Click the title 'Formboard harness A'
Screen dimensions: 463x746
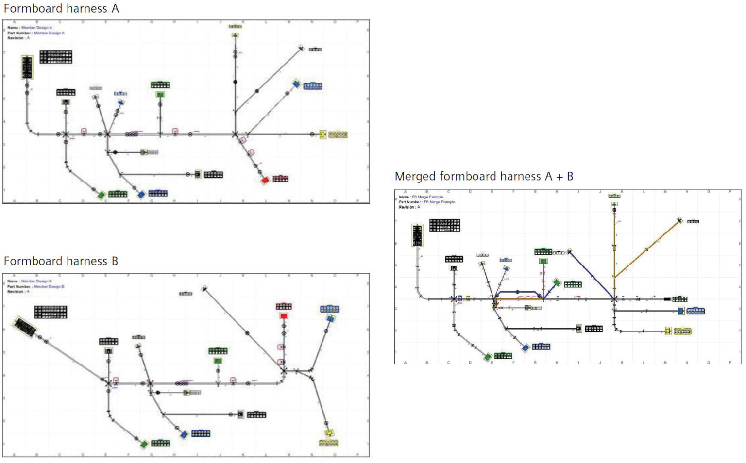pyautogui.click(x=61, y=9)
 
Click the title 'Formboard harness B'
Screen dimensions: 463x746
pyautogui.click(x=61, y=261)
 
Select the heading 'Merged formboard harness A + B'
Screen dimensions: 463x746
pyautogui.click(x=484, y=176)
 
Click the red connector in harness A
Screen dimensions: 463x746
pyautogui.click(x=265, y=180)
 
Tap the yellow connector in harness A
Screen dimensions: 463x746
pyautogui.click(x=322, y=134)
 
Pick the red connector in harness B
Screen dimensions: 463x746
pyautogui.click(x=284, y=316)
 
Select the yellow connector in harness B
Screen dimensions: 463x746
pyautogui.click(x=329, y=432)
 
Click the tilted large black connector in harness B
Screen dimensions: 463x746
pyautogui.click(x=25, y=327)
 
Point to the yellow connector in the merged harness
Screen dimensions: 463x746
pyautogui.click(x=668, y=331)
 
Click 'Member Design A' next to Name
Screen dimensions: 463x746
pyautogui.click(x=36, y=28)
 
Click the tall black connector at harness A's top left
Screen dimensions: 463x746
pyautogui.click(x=27, y=67)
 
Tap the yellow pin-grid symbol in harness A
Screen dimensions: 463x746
pyautogui.click(x=338, y=134)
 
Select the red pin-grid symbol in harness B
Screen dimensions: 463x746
pyautogui.click(x=284, y=306)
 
